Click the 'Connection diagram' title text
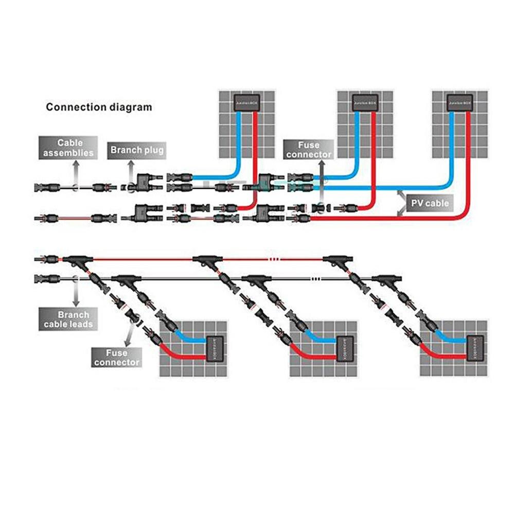point(99,108)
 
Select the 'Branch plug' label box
point(136,150)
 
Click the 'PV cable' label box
point(430,203)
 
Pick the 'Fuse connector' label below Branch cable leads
point(116,357)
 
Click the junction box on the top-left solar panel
point(246,103)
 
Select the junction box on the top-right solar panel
point(460,103)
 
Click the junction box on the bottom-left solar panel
point(210,348)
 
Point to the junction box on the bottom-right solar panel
point(470,348)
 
